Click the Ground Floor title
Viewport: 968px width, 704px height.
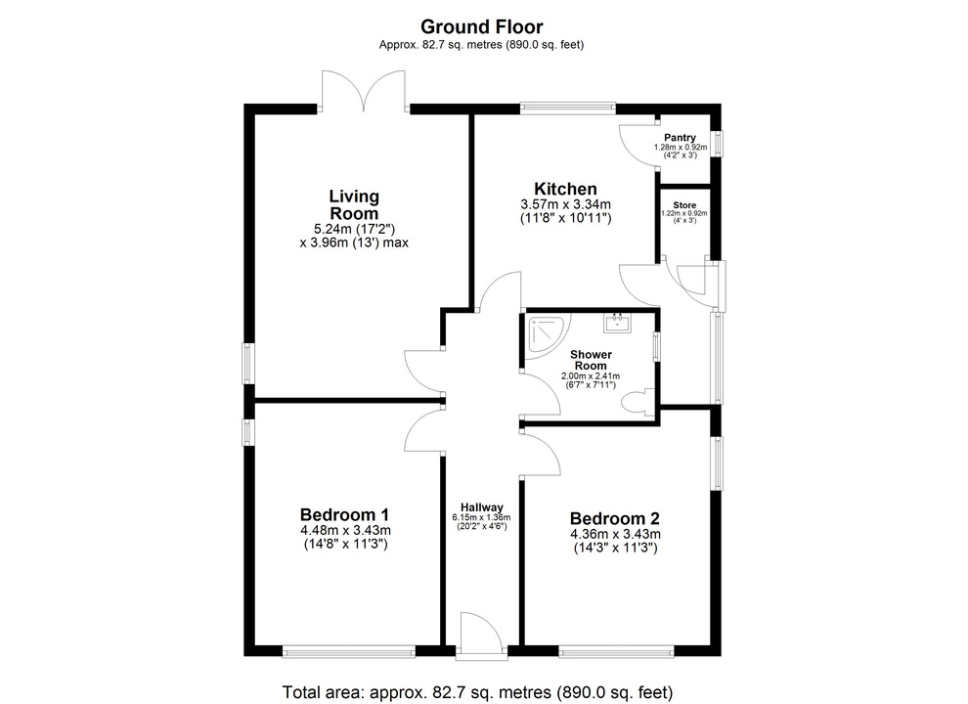click(481, 26)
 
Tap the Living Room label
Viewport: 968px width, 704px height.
click(354, 204)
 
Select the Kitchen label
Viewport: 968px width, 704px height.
click(565, 189)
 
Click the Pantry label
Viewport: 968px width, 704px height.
click(680, 137)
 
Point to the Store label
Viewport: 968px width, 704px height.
click(684, 205)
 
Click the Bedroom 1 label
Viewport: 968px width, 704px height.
click(344, 514)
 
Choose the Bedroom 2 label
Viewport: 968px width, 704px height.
click(615, 519)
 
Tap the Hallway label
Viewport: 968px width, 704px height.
click(481, 507)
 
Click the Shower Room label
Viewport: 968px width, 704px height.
click(591, 360)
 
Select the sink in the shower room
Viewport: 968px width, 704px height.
click(617, 323)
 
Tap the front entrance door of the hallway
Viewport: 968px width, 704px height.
click(481, 633)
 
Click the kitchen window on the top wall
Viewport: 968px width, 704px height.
click(568, 109)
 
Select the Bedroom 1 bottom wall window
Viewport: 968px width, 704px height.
click(349, 651)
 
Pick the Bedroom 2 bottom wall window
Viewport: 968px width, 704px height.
click(616, 651)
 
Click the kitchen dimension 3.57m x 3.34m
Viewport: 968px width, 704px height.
click(565, 204)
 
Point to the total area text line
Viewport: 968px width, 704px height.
click(477, 692)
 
